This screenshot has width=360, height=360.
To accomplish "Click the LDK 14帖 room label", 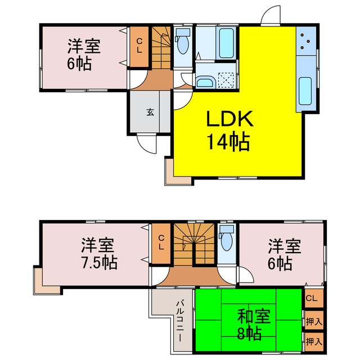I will pyautogui.click(x=229, y=130).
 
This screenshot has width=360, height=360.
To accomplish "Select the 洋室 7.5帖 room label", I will pyautogui.click(x=98, y=254).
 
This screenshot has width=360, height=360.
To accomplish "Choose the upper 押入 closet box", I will pyautogui.click(x=314, y=322).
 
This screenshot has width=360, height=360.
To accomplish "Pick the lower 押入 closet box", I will pyautogui.click(x=314, y=341).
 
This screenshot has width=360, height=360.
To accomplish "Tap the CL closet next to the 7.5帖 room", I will pyautogui.click(x=161, y=243).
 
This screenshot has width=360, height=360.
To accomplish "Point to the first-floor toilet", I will pyautogui.click(x=182, y=44).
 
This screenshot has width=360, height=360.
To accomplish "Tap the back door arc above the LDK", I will pyautogui.click(x=271, y=15).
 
